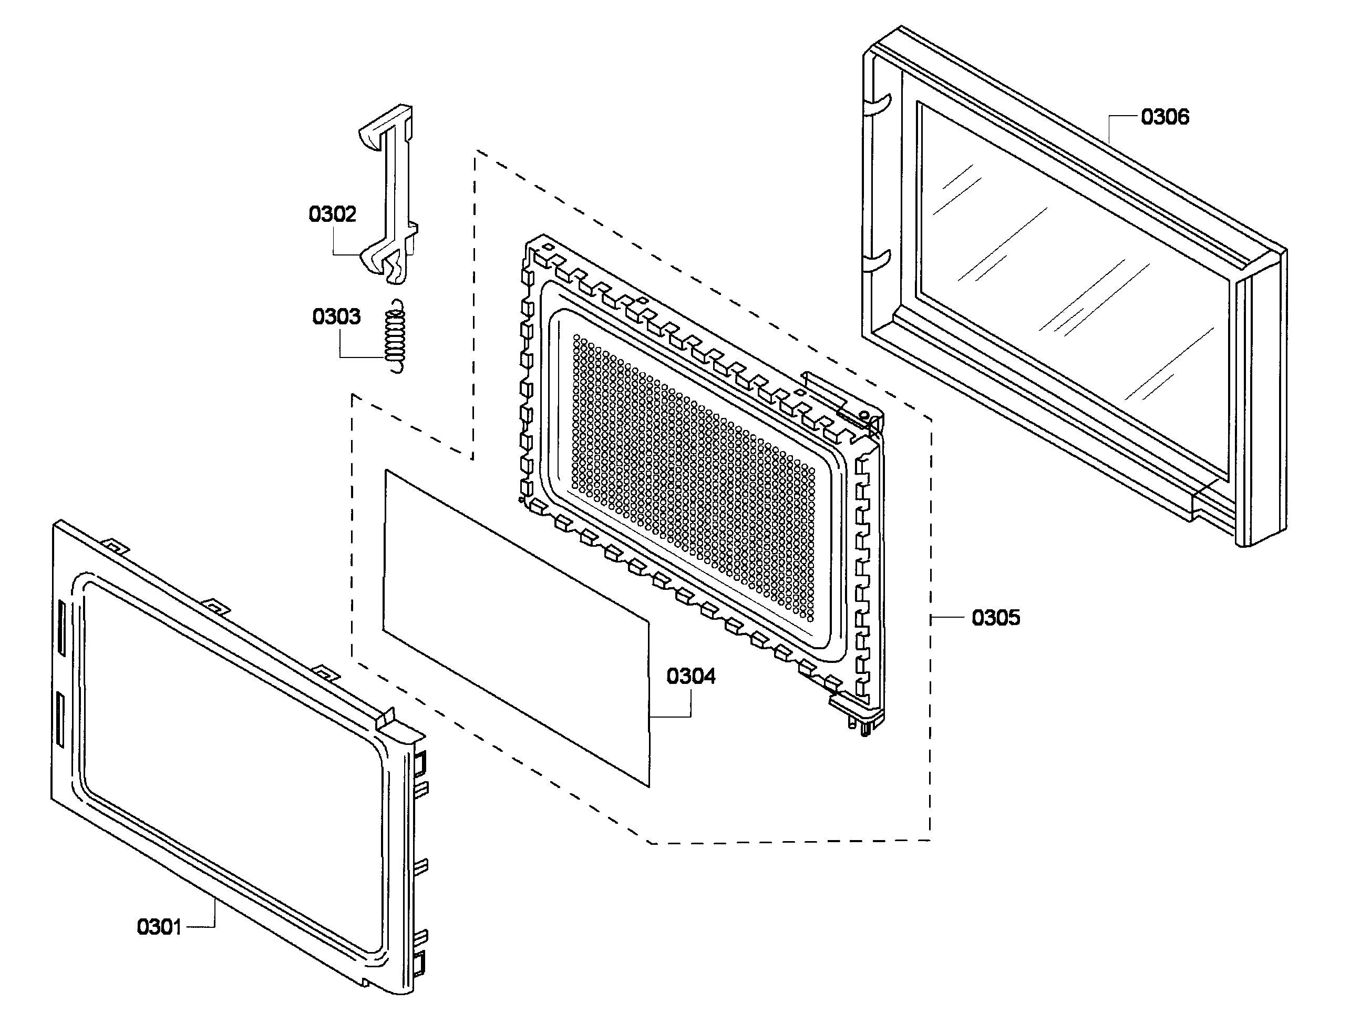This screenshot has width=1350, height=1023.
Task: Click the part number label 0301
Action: (159, 927)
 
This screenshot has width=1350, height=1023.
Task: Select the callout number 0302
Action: (332, 214)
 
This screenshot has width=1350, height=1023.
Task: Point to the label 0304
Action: (691, 676)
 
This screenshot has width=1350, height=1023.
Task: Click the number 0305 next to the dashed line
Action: (995, 618)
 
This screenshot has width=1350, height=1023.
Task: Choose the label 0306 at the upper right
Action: (1164, 117)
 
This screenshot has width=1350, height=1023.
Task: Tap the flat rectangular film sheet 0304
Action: (516, 629)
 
